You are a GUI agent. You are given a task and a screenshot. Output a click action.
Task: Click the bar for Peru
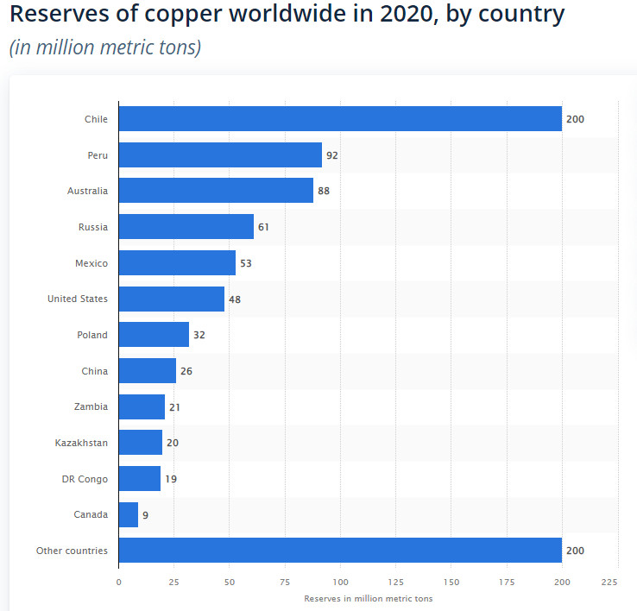pyautogui.click(x=219, y=155)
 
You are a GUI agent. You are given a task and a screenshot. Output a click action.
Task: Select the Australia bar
pyautogui.click(x=216, y=191)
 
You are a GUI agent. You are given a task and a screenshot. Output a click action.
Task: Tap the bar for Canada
pyautogui.click(x=128, y=515)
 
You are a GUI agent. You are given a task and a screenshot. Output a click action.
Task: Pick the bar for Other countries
pyautogui.click(x=339, y=551)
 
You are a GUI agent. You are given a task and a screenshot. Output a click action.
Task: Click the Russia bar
pyautogui.click(x=186, y=227)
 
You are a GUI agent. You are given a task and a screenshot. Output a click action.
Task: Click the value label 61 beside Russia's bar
pyautogui.click(x=265, y=227)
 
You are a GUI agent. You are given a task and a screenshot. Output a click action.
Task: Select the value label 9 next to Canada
pyautogui.click(x=146, y=515)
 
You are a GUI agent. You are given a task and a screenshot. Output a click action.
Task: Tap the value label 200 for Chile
pyautogui.click(x=575, y=119)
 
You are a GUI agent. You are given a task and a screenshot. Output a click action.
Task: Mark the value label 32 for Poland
pyautogui.click(x=199, y=335)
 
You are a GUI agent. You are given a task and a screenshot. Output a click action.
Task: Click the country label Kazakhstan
pyautogui.click(x=81, y=443)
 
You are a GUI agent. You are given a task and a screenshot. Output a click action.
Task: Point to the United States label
pyautogui.click(x=78, y=299)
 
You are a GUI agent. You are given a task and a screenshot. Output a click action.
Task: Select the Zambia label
pyautogui.click(x=91, y=406)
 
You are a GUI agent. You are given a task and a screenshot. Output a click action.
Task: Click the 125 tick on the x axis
pyautogui.click(x=395, y=582)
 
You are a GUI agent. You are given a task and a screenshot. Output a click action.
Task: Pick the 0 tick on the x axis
pyautogui.click(x=118, y=582)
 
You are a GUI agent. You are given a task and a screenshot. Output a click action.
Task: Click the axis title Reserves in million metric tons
pyautogui.click(x=368, y=598)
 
